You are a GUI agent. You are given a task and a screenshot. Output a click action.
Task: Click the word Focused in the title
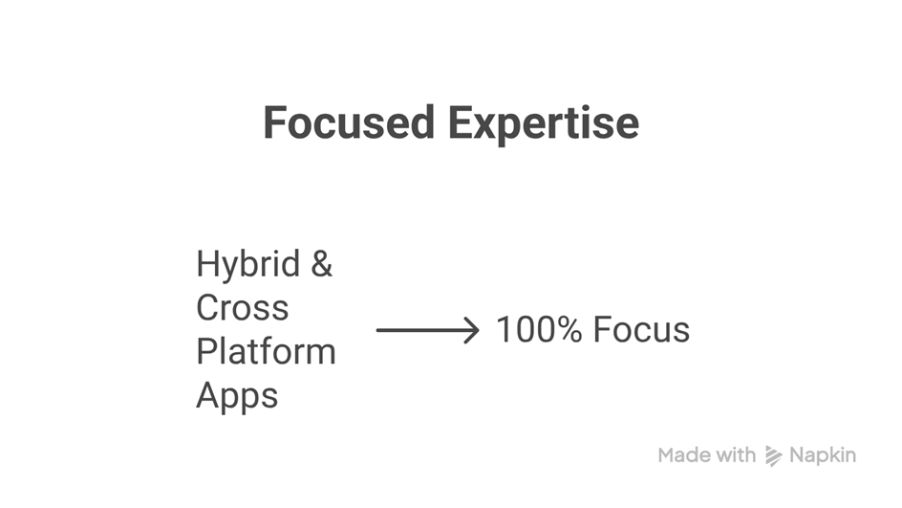tap(349, 122)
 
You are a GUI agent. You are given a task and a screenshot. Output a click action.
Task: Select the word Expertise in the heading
tap(544, 124)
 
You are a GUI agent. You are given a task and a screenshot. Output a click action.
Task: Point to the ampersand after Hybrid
tap(322, 264)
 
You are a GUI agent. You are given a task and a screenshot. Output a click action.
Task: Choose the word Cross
tap(242, 307)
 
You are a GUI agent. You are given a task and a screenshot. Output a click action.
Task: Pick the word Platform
tap(266, 351)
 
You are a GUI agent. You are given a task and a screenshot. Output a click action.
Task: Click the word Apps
tap(237, 397)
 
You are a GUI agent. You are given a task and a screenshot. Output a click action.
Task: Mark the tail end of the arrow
tap(377, 330)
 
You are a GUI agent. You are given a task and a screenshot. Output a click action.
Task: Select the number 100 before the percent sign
tap(527, 329)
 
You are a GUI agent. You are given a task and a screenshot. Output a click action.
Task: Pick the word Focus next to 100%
tap(641, 329)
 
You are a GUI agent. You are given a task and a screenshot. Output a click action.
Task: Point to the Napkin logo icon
tap(774, 455)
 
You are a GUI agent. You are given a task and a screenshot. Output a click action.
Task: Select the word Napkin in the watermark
tap(823, 455)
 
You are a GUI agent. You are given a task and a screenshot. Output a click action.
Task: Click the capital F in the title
tap(274, 122)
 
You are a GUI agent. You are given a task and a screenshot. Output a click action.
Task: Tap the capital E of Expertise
tap(460, 122)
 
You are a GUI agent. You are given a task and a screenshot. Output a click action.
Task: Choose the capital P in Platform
tap(206, 351)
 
